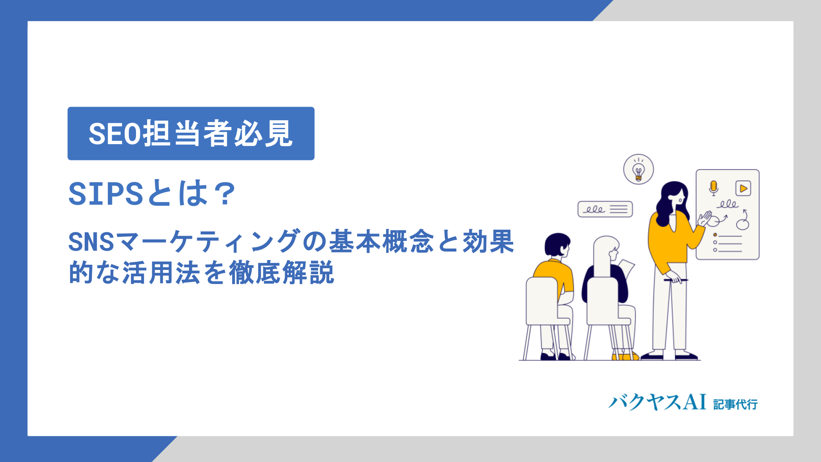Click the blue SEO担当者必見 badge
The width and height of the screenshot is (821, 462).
[191, 133]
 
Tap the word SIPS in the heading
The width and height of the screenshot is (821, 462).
[105, 194]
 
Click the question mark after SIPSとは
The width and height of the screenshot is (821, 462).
[224, 194]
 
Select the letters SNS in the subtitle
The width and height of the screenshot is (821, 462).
[91, 242]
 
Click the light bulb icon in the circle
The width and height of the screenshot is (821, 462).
[638, 170]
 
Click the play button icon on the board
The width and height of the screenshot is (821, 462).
[743, 188]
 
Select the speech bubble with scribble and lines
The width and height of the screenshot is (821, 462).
[605, 209]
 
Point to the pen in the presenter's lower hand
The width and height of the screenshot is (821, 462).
[676, 280]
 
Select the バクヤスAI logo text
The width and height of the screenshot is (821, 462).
[657, 403]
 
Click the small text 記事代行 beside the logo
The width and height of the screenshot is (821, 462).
[735, 404]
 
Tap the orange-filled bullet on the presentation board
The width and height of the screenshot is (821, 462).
[715, 235]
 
